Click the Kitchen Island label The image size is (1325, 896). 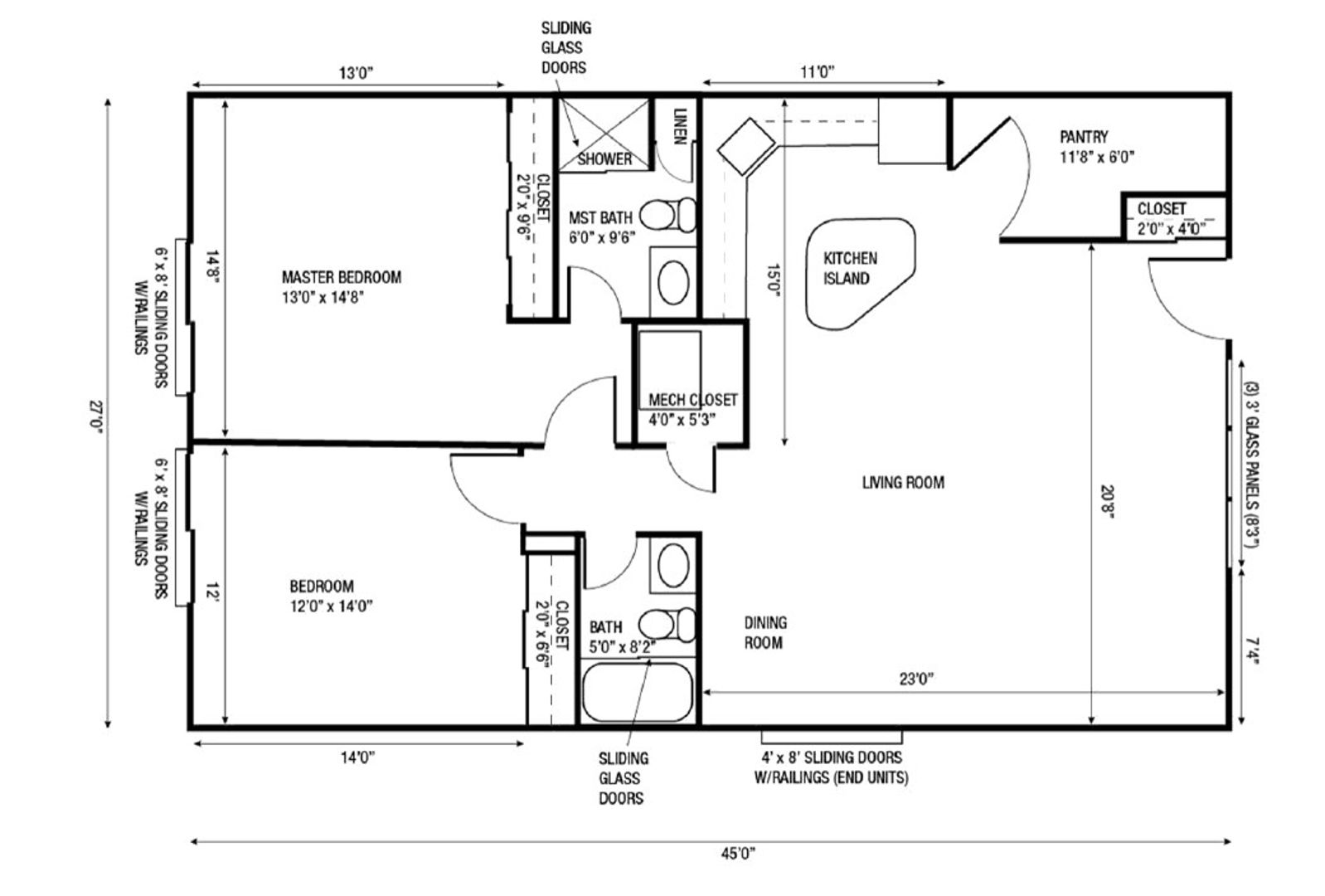[x=850, y=269]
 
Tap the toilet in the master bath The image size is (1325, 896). [x=668, y=214]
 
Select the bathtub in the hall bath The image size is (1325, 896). [x=638, y=693]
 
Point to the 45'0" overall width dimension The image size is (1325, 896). [x=738, y=853]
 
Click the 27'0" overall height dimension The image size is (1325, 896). [x=96, y=417]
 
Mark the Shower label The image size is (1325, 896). [x=604, y=159]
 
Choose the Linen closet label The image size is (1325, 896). [x=680, y=126]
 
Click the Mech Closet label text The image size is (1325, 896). [x=692, y=401]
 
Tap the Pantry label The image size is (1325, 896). [x=1084, y=137]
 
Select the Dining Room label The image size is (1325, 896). [x=765, y=633]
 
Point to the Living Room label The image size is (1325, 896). [x=903, y=483]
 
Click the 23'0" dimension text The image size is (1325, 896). [x=916, y=679]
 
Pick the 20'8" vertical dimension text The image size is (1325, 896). [x=1107, y=501]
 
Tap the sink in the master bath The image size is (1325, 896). [x=673, y=283]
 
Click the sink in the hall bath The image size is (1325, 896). [x=673, y=565]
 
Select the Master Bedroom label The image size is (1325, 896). [x=342, y=277]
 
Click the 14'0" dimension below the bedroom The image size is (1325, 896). [x=357, y=757]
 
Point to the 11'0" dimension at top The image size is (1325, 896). [x=818, y=72]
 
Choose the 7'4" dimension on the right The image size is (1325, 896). [x=1252, y=650]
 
